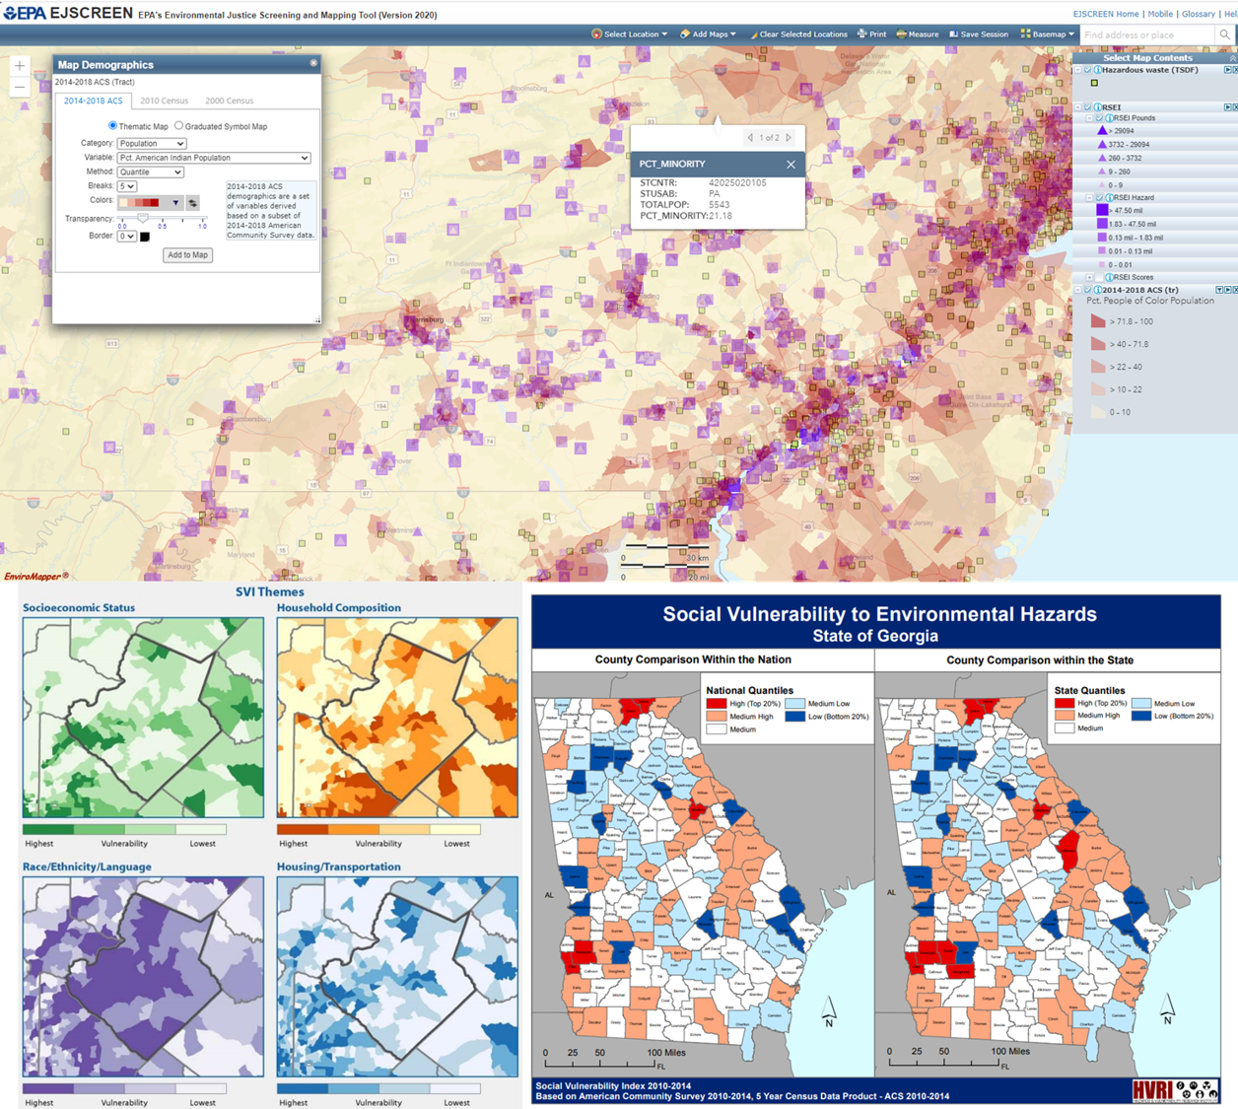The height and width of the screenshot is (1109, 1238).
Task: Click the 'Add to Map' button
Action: click(187, 255)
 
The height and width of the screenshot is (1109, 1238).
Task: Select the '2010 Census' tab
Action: click(164, 101)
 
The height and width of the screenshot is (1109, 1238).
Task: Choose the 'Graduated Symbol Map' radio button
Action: click(178, 126)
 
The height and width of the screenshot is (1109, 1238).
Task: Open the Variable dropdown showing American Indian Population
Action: click(214, 158)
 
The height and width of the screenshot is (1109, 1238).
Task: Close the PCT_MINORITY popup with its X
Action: click(791, 164)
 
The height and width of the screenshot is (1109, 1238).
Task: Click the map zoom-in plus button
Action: click(20, 66)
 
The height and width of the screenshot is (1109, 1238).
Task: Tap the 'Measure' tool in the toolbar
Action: click(917, 35)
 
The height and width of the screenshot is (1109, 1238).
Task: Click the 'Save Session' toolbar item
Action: click(979, 35)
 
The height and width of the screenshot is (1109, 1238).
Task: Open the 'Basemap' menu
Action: click(1048, 35)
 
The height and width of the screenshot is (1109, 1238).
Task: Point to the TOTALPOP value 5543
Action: click(719, 205)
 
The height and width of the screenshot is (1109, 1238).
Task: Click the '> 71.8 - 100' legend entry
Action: click(1131, 321)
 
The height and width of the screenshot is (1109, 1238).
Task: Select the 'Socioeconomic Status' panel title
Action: click(79, 608)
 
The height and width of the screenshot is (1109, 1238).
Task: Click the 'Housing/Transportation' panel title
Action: click(338, 867)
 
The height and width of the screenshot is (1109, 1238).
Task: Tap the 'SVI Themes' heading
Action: click(269, 592)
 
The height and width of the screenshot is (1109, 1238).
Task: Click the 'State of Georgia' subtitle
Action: click(875, 636)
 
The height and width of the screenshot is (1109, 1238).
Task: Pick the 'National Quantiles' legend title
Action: click(749, 691)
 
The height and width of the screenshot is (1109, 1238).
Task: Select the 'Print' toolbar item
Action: click(872, 35)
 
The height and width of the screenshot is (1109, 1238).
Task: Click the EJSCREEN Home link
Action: click(1106, 14)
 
